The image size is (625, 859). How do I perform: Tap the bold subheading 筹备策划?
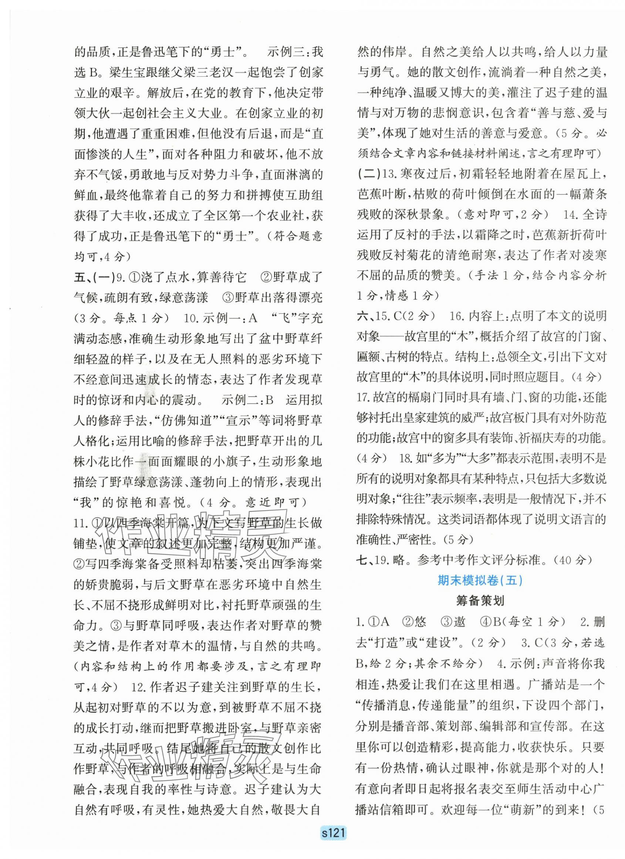click(479, 601)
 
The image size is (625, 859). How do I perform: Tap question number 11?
click(81, 523)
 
